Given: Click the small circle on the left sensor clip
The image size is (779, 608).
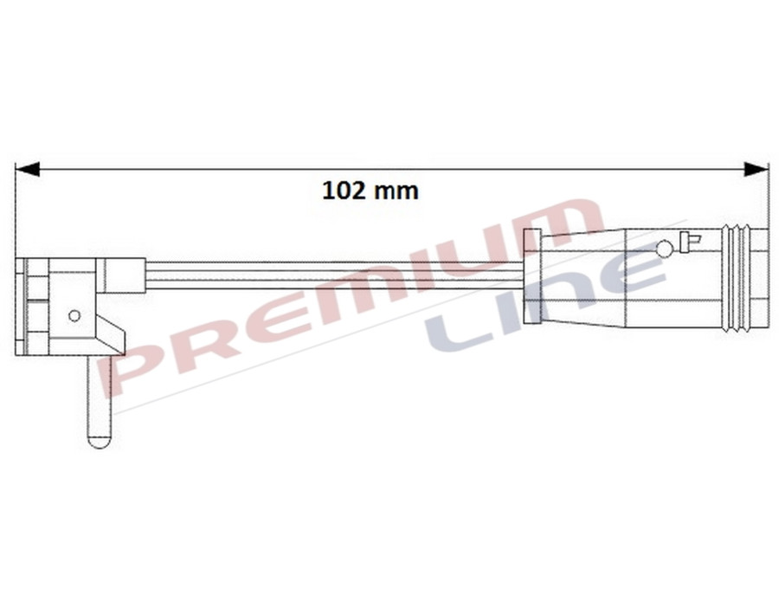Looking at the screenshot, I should pos(74,315).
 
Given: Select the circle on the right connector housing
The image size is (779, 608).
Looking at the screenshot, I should pos(664,249).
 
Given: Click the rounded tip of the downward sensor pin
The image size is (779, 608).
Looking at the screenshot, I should pos(100,439).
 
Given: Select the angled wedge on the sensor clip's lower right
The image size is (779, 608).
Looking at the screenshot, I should pos(112,333).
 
